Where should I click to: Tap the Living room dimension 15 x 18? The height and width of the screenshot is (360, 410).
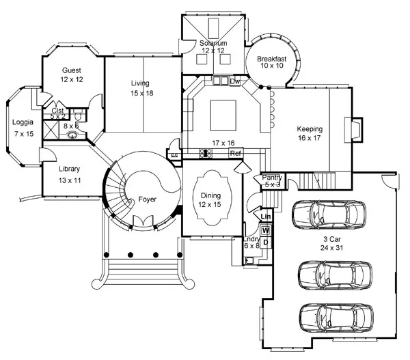coord(140,92)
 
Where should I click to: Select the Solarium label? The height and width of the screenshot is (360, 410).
coord(213,43)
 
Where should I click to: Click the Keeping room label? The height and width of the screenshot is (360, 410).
coord(310,128)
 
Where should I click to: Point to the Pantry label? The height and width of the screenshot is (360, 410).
coord(272,178)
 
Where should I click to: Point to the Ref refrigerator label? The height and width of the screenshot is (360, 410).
coord(236,154)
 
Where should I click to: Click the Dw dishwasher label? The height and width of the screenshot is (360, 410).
coord(235,81)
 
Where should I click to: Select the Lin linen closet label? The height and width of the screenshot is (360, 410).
coord(266,217)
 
